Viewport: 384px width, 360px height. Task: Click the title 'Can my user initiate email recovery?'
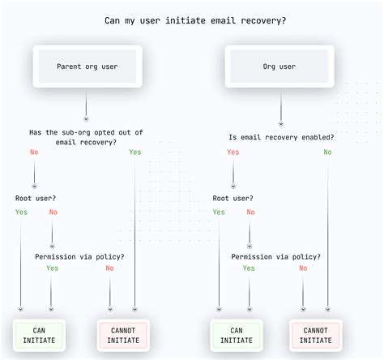click(x=191, y=20)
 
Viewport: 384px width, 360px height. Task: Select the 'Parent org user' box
click(x=87, y=66)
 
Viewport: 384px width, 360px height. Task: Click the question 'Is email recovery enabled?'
click(x=281, y=137)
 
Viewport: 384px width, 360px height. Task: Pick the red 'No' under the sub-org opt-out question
click(x=34, y=152)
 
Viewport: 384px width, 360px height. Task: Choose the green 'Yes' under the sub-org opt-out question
click(x=134, y=152)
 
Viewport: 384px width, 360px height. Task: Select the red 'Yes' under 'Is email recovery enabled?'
click(x=233, y=152)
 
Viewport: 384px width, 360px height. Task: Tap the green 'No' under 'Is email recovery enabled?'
click(x=327, y=152)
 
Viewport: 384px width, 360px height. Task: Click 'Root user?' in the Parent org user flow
click(x=36, y=197)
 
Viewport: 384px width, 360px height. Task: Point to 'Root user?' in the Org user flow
click(x=233, y=197)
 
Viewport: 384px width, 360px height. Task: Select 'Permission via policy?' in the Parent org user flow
click(x=79, y=256)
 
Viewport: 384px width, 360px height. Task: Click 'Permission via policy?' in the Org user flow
click(x=275, y=256)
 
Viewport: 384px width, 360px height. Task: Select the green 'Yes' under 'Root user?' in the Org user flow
click(x=219, y=212)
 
